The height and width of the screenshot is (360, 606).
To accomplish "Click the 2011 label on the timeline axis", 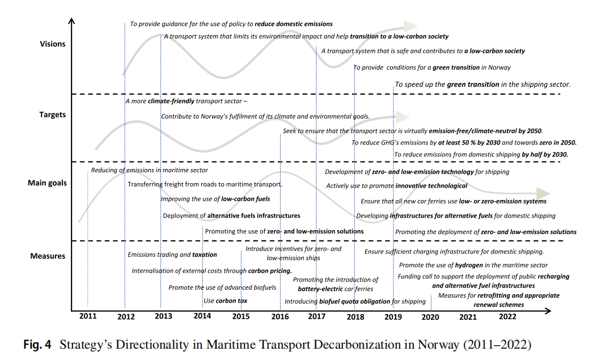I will (x=88, y=316).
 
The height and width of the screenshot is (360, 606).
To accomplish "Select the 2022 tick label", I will (x=507, y=316).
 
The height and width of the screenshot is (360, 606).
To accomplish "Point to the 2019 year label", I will (x=393, y=316).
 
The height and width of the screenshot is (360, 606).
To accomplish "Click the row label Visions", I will (x=53, y=44).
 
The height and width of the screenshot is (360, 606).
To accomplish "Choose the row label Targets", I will (x=52, y=115).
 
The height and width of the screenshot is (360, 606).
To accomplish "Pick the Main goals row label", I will (x=47, y=183).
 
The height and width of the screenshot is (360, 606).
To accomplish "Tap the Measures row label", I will (x=48, y=256).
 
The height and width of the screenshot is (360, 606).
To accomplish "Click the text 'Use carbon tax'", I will (x=225, y=300).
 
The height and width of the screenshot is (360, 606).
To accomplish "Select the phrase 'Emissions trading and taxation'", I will (x=172, y=255).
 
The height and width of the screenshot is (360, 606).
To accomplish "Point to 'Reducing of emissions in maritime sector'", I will (x=149, y=170).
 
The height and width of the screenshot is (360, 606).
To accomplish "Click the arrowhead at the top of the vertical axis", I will (x=71, y=22).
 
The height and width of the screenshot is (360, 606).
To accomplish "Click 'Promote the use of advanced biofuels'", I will (x=222, y=287).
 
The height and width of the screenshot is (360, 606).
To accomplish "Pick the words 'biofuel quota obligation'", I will (x=355, y=302).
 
